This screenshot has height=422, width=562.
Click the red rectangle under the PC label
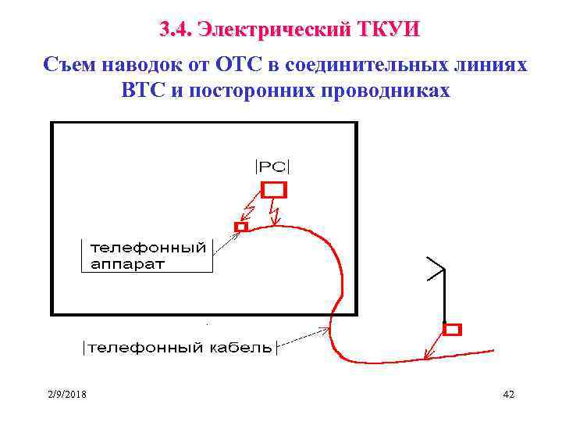point(273,189)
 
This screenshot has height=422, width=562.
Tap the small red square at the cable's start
point(240,227)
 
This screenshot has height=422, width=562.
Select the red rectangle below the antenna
point(452,329)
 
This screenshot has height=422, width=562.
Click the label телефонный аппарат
point(148,256)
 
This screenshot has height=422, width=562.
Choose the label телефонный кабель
point(180,347)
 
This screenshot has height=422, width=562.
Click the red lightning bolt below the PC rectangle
point(273,211)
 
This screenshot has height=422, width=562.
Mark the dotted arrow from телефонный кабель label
point(304,337)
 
